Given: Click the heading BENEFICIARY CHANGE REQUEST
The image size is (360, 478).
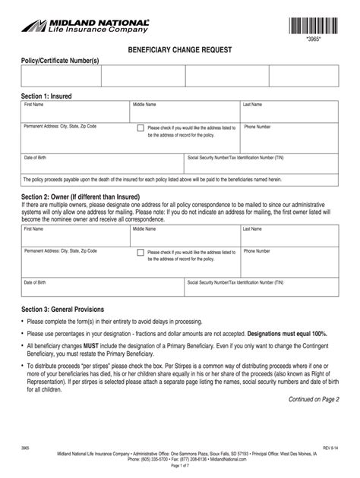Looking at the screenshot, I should [x=179, y=49].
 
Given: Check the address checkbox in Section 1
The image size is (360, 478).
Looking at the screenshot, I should [x=141, y=128].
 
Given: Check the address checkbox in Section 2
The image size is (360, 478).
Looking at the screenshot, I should [x=141, y=252].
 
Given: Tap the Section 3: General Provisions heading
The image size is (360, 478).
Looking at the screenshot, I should [x=68, y=309].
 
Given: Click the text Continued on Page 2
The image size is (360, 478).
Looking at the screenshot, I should [x=314, y=399].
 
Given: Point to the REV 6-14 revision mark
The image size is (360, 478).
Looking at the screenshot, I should [x=331, y=448].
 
